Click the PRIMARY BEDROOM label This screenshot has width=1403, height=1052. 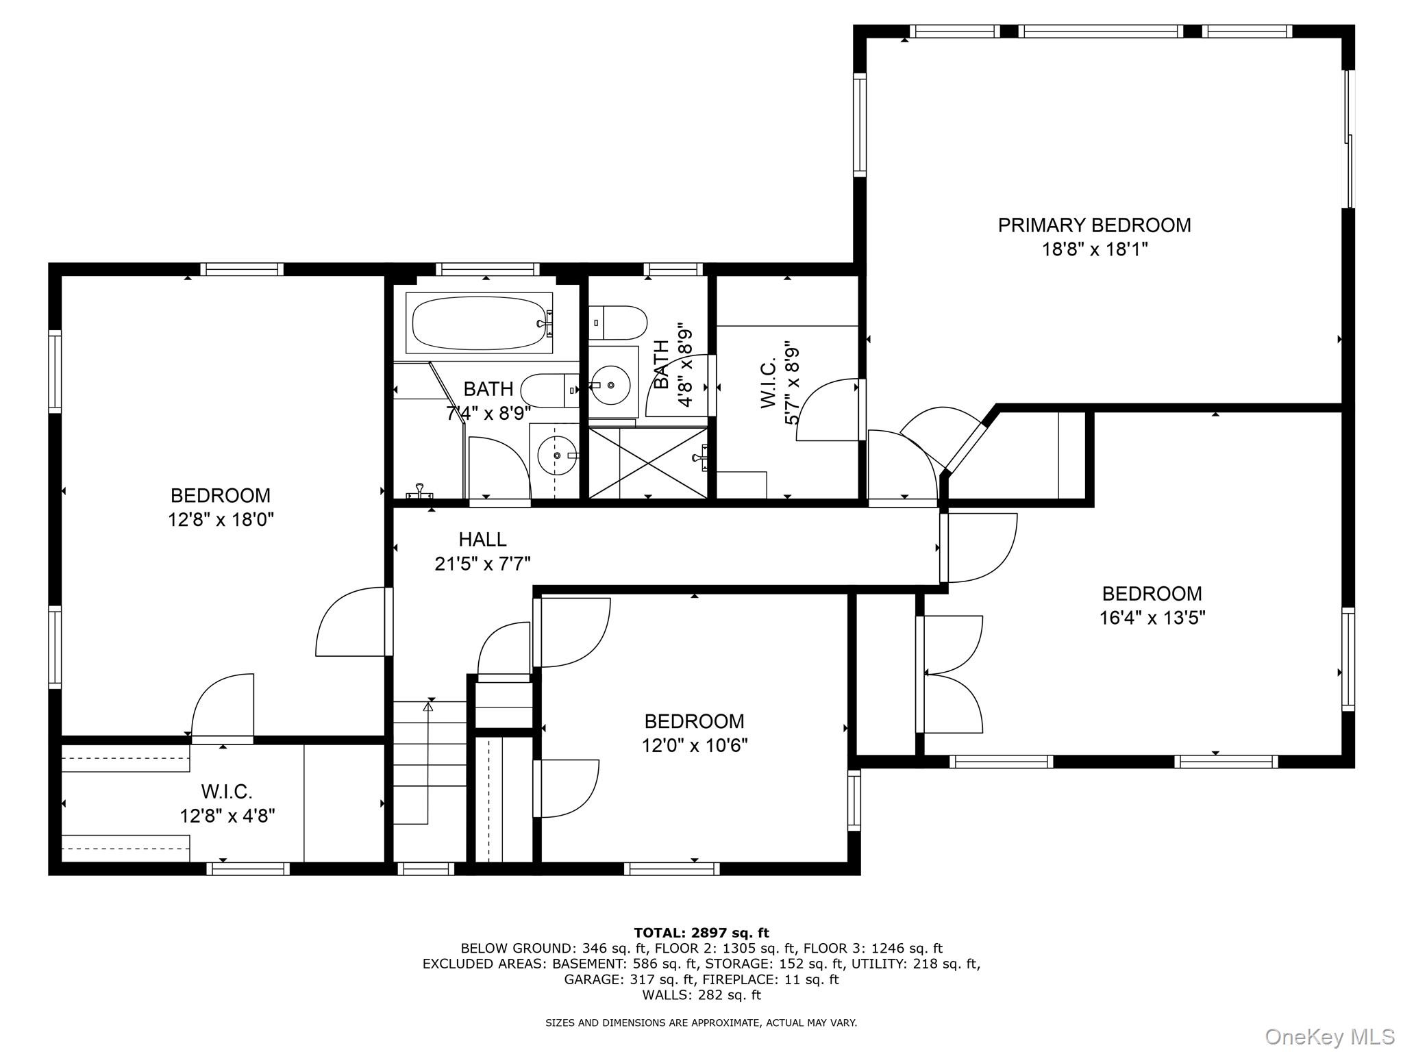coord(1094,225)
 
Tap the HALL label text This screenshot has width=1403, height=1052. coord(483,540)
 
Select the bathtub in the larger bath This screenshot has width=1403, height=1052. coord(479,323)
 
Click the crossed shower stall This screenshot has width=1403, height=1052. coord(648,463)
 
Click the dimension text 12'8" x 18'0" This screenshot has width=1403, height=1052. coord(221,520)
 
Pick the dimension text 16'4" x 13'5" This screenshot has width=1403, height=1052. coord(1152,618)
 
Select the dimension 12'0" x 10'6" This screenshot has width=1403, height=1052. coord(695,745)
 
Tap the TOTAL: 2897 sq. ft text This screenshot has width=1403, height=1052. coord(701,933)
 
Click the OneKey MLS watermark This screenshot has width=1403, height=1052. coord(1330,1036)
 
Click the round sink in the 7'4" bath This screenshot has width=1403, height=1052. coord(558,454)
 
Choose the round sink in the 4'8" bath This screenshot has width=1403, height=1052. coord(610,386)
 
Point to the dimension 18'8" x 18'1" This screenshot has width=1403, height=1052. coord(1095,249)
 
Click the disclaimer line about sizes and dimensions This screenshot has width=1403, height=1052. coord(701,1023)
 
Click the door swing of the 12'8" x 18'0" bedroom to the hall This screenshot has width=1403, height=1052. coord(351,621)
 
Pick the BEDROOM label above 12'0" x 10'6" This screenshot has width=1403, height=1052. coord(695,721)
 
